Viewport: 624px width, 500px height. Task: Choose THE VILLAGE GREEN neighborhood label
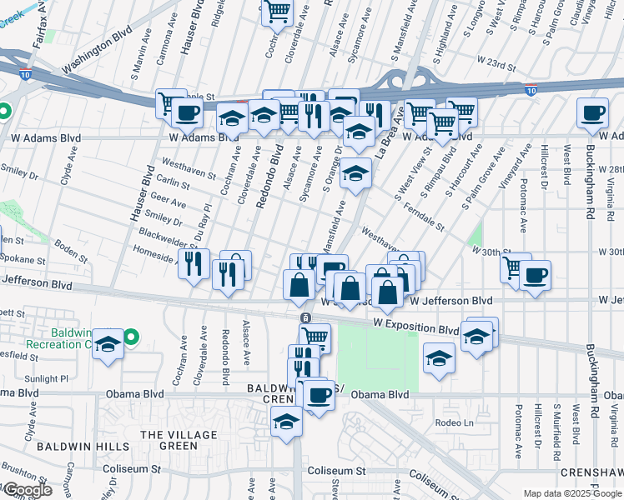tap(169, 440)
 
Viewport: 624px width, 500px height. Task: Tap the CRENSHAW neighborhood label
tap(591, 472)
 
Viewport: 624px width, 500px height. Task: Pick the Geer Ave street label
tap(167, 200)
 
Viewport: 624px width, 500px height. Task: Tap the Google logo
tap(27, 490)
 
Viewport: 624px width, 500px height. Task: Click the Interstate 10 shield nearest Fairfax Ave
tap(20, 75)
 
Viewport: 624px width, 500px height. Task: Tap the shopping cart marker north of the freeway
tap(277, 12)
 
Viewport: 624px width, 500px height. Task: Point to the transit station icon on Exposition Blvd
tap(306, 317)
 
